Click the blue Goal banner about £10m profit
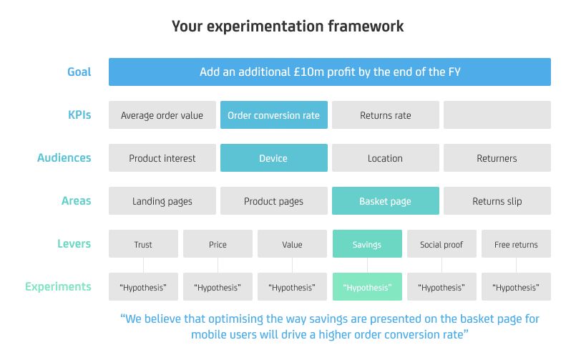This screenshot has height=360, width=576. [330, 72]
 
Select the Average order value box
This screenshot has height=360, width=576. [162, 115]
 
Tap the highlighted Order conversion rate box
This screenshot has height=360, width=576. [274, 115]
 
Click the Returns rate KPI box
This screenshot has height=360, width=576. [386, 115]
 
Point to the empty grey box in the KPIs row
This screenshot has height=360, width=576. [497, 115]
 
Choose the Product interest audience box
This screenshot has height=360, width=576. [162, 158]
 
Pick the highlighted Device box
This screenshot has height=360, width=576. [274, 158]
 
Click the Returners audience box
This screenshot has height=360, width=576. [497, 158]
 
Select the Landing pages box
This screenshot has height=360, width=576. [162, 201]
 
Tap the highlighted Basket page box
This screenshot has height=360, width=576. [386, 201]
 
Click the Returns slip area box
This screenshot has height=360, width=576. [497, 201]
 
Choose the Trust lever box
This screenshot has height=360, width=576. [143, 244]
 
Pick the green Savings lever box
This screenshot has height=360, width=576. [367, 244]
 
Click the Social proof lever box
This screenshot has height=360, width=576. [442, 244]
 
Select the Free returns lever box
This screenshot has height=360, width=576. [516, 244]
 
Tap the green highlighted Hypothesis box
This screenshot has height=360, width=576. [367, 287]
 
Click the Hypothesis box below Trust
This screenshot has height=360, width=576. [143, 287]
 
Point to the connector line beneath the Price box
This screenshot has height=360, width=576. [218, 266]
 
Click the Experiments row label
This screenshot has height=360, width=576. [58, 286]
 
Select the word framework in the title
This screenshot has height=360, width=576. [366, 26]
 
